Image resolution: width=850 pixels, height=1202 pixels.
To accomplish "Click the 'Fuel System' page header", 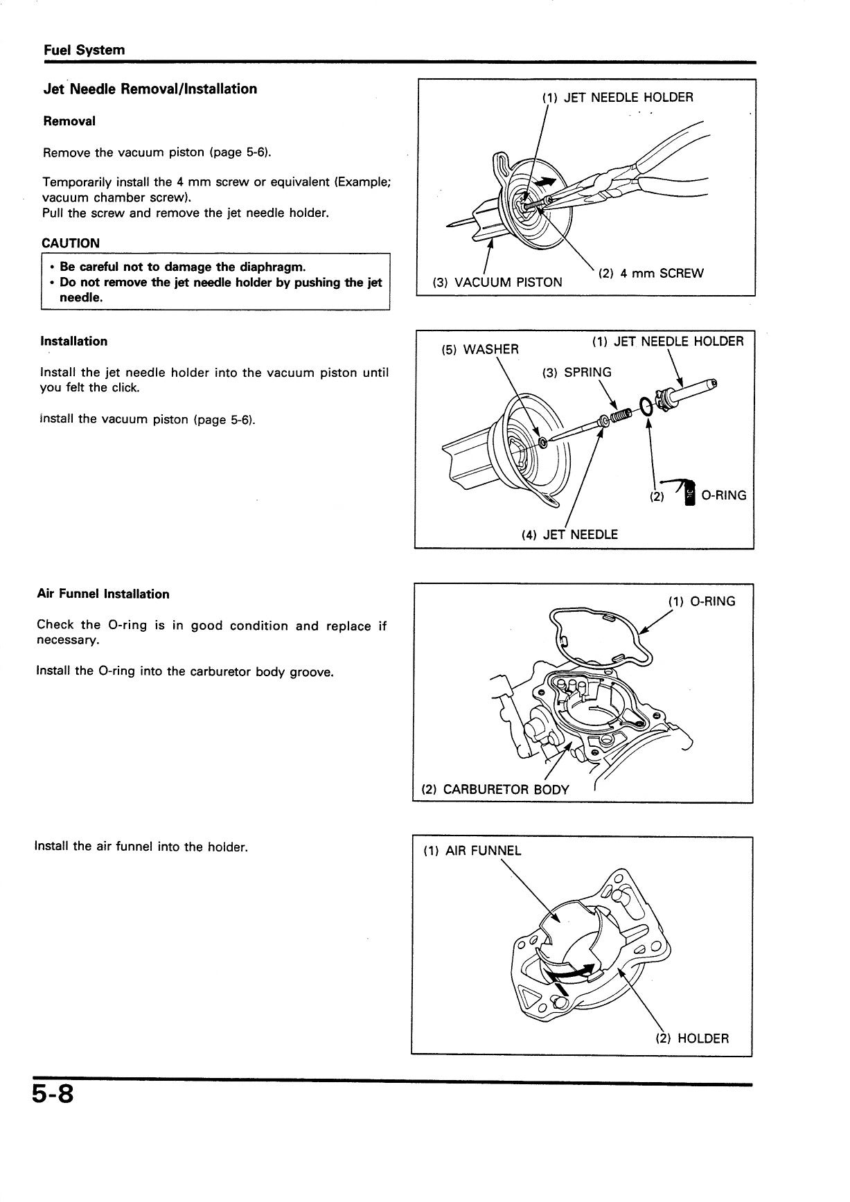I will [84, 50].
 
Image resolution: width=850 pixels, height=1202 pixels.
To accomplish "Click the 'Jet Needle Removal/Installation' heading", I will [150, 89].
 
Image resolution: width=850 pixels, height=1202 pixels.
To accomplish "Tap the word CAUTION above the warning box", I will [71, 243].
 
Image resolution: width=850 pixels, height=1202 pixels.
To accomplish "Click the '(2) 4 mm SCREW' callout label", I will [650, 273].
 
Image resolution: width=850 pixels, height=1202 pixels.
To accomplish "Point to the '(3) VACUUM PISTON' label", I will [497, 282].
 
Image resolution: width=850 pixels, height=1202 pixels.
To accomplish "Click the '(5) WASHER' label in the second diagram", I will [480, 349].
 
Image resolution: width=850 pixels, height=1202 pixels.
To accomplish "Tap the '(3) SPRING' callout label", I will [577, 372].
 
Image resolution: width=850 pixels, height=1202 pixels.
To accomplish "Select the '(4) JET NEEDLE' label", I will [569, 534].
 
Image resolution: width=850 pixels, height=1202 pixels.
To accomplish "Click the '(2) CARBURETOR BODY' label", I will [495, 789].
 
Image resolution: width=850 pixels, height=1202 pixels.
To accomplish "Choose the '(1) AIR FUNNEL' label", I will [472, 851].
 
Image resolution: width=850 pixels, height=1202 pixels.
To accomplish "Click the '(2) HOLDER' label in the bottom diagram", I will [692, 1039].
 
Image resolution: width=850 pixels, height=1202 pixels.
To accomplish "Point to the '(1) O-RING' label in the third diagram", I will [701, 601].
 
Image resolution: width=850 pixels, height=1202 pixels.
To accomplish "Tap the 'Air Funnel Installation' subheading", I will [103, 594].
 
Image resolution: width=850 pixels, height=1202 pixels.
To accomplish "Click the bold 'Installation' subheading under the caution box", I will [73, 341].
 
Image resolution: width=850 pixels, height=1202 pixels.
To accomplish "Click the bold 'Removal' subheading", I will [69, 121].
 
